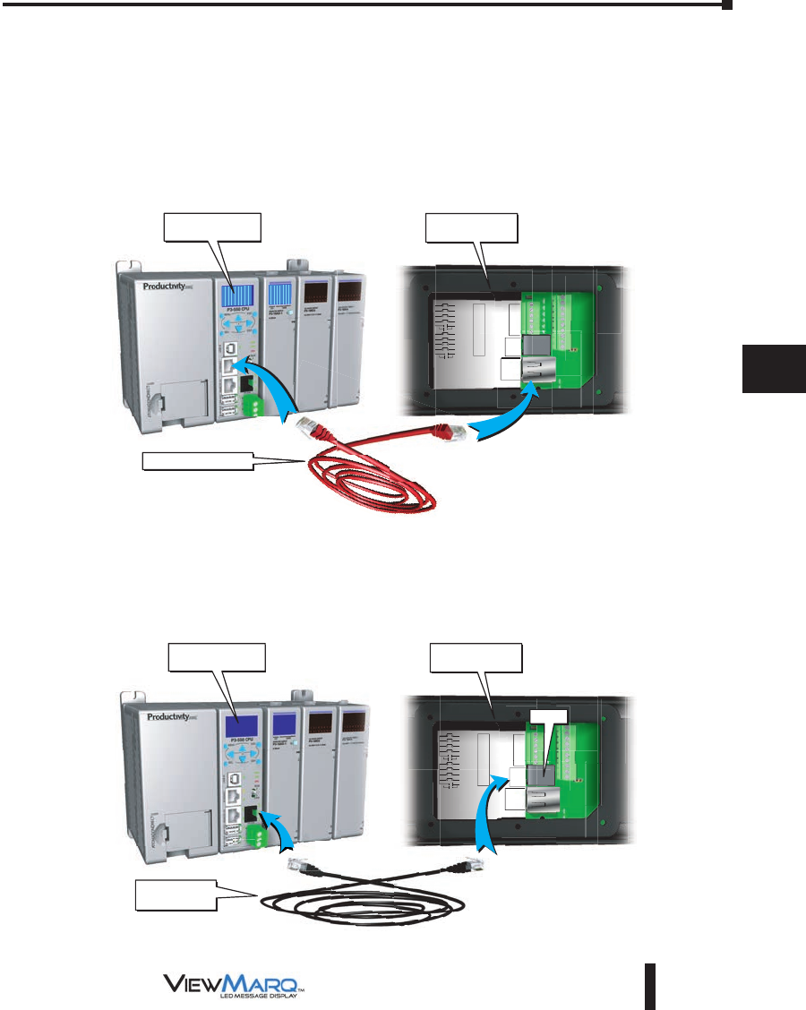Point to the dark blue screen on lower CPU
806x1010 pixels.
237,726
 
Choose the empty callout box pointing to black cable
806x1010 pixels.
175,895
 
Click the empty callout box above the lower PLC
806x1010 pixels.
218,657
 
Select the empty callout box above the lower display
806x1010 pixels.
476,657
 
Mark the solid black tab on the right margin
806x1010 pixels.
774,364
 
